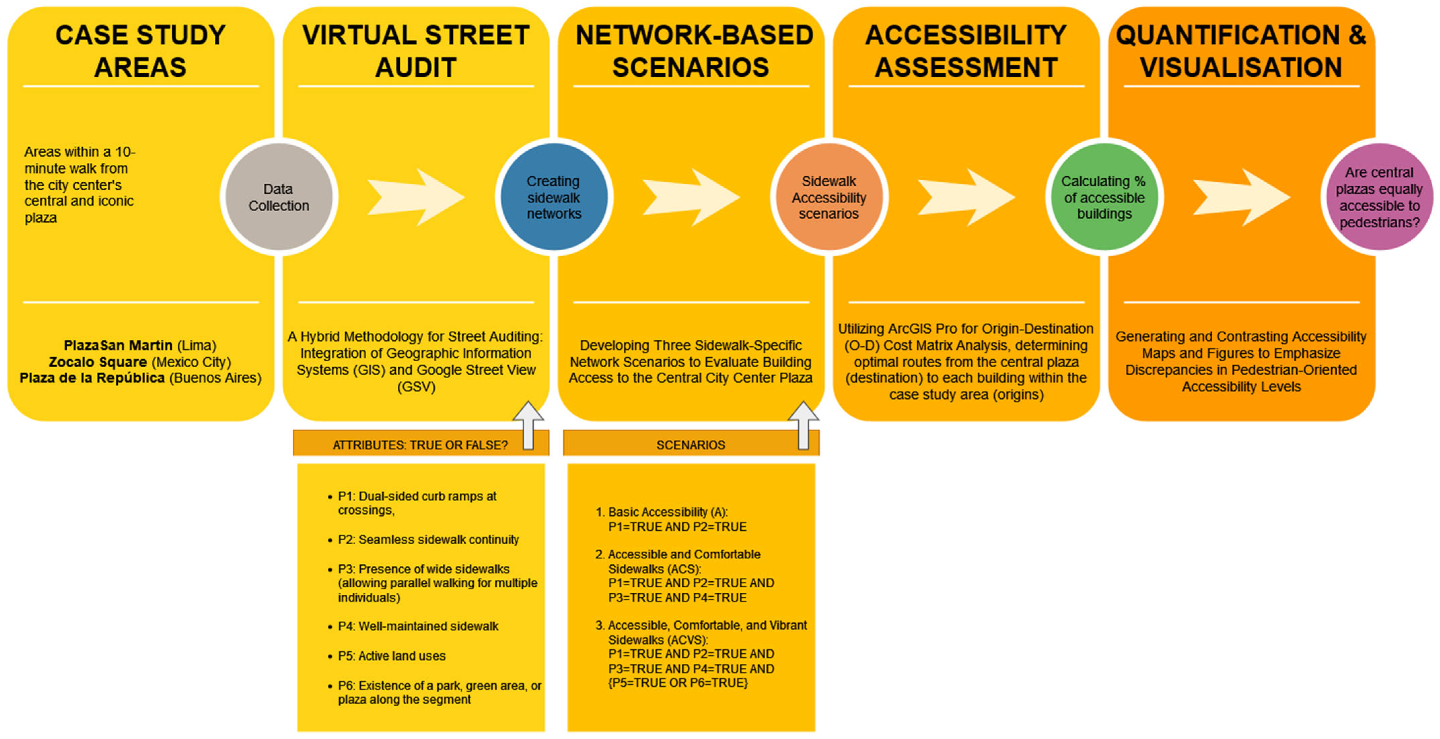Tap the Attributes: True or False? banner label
pos(420,445)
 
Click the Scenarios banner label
pos(690,445)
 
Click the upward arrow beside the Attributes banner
pos(528,426)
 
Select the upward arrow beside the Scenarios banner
pos(803,426)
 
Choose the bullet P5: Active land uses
pos(391,656)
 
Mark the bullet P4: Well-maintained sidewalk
pos(418,626)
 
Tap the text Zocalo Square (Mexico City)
pos(140,362)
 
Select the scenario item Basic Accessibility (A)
pos(668,512)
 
